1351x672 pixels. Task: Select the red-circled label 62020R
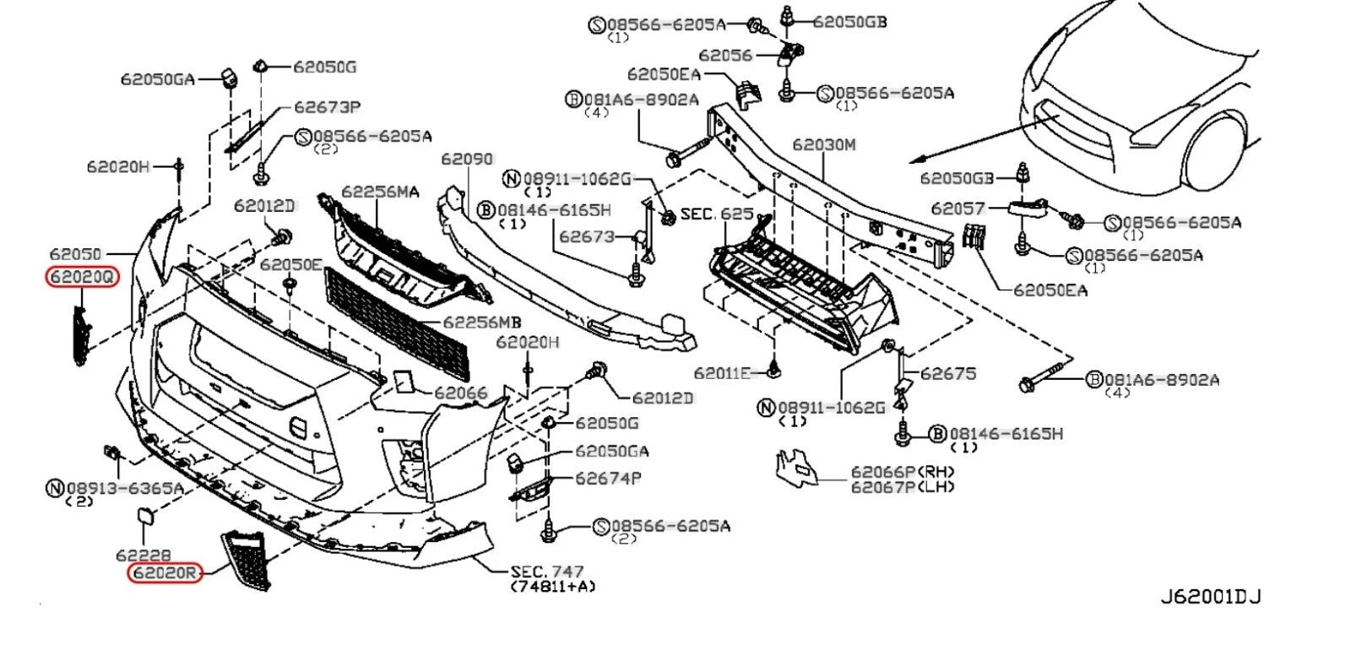coord(165,574)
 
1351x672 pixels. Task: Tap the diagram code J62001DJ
coord(1209,597)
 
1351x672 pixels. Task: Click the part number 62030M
coord(823,145)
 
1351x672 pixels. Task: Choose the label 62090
coord(467,159)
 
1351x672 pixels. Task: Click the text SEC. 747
coord(547,572)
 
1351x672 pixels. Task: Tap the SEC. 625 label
coord(717,214)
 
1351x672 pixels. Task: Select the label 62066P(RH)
coord(901,472)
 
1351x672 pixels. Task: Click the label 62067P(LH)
coord(901,486)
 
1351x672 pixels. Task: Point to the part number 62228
coord(143,555)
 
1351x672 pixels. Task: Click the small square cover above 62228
coord(146,517)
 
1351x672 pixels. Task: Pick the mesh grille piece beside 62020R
coord(247,557)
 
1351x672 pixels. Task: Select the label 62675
coord(947,372)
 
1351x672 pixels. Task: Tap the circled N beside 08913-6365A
coord(55,487)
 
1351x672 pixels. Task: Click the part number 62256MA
coord(380,192)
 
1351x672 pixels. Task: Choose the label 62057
coord(958,208)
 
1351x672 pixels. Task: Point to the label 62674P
coord(608,479)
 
